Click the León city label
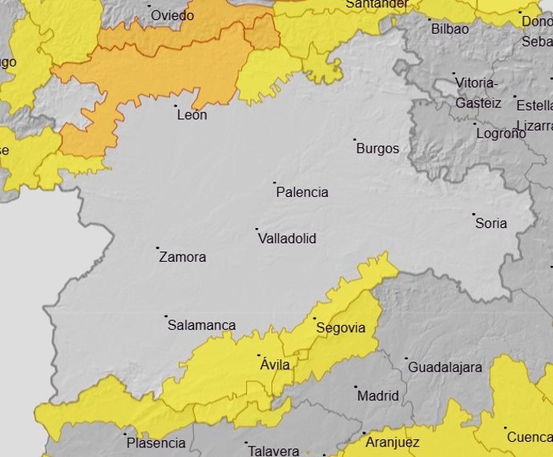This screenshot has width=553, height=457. pos(192,115)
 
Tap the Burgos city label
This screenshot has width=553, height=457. pos(377,149)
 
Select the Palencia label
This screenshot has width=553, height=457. pos(302,192)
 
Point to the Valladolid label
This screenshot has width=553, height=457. pos(287,239)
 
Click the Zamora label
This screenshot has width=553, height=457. pos(183,257)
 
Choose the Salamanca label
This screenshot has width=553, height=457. pos(202,325)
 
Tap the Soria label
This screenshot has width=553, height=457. pos(491,223)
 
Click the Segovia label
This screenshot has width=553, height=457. pos(341,328)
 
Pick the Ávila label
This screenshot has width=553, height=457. pos(275,365)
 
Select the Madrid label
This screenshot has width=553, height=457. pos(378,395)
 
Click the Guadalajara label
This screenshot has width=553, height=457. pos(446,367)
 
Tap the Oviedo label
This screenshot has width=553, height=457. pos(172,15)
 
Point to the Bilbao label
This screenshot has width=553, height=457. pos(450,29)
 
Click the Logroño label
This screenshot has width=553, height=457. pos(501,133)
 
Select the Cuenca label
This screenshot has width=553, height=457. pos(529,437)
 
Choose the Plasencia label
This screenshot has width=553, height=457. pos(155,443)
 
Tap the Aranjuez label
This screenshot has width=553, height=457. pos(393,443)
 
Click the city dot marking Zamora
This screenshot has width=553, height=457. pos(158,248)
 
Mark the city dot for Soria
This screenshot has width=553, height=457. pos(474,214)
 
